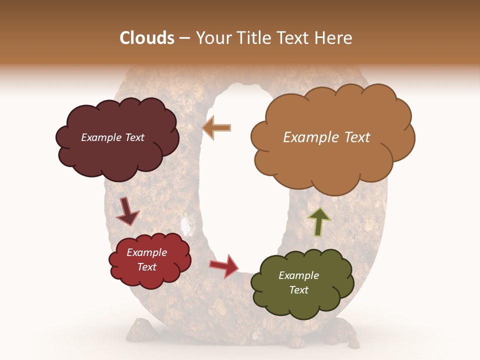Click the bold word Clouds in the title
[147, 38]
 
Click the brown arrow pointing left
[217, 127]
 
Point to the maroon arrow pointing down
[127, 211]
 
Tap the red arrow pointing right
[224, 265]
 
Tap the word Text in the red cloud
[147, 267]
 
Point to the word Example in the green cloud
[298, 275]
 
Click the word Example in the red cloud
[147, 252]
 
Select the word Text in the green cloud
[298, 290]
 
